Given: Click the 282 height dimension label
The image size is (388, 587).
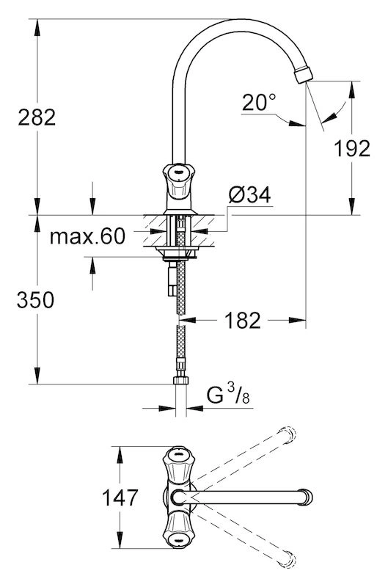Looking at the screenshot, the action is tap(37, 117).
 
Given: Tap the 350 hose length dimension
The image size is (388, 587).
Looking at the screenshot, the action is tap(35, 300).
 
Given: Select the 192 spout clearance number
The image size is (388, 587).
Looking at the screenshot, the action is tap(352, 148).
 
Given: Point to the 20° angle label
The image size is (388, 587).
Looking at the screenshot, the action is tap(259, 102).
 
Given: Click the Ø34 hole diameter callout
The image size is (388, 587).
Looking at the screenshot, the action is tap(249, 194).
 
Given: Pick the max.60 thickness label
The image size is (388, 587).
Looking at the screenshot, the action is tap(87, 236).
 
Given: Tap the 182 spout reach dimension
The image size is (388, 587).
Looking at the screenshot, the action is tap(243, 321).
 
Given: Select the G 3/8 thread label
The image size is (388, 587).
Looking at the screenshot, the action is tap(229, 395).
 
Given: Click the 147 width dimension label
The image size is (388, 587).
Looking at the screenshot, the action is tap(120, 497).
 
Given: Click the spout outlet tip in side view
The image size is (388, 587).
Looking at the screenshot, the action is tap(303, 75).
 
